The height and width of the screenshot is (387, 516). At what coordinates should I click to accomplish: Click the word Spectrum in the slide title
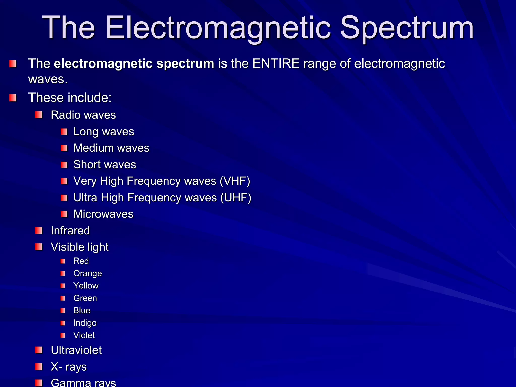[407, 28]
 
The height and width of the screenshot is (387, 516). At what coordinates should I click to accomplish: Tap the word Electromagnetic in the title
[218, 28]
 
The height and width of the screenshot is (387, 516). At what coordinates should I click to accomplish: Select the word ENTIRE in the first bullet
[276, 63]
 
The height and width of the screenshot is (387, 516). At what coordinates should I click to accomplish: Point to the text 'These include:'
[70, 98]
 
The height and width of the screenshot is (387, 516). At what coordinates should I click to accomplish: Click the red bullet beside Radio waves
[39, 115]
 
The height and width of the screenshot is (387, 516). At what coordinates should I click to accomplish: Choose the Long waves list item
[104, 132]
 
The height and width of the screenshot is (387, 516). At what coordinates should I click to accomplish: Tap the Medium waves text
[111, 148]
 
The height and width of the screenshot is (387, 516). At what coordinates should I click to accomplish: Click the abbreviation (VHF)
[235, 181]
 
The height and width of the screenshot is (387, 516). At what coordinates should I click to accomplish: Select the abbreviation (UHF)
[236, 198]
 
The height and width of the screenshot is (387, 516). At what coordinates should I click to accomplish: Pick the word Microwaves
[103, 214]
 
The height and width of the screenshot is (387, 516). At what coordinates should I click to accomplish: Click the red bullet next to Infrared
[39, 230]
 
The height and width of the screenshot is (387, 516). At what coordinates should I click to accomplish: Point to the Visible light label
[80, 247]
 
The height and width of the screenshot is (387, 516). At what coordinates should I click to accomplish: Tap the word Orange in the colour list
[87, 273]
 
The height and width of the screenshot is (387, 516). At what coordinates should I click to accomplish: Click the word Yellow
[86, 286]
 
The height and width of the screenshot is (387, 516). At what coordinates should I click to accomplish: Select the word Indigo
[85, 323]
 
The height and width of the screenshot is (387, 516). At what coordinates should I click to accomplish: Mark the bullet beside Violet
[63, 335]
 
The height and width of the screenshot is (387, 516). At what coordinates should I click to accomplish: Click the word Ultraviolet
[76, 350]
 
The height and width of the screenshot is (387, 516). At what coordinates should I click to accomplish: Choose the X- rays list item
[69, 367]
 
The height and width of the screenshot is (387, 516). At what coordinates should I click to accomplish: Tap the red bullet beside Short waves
[64, 165]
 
